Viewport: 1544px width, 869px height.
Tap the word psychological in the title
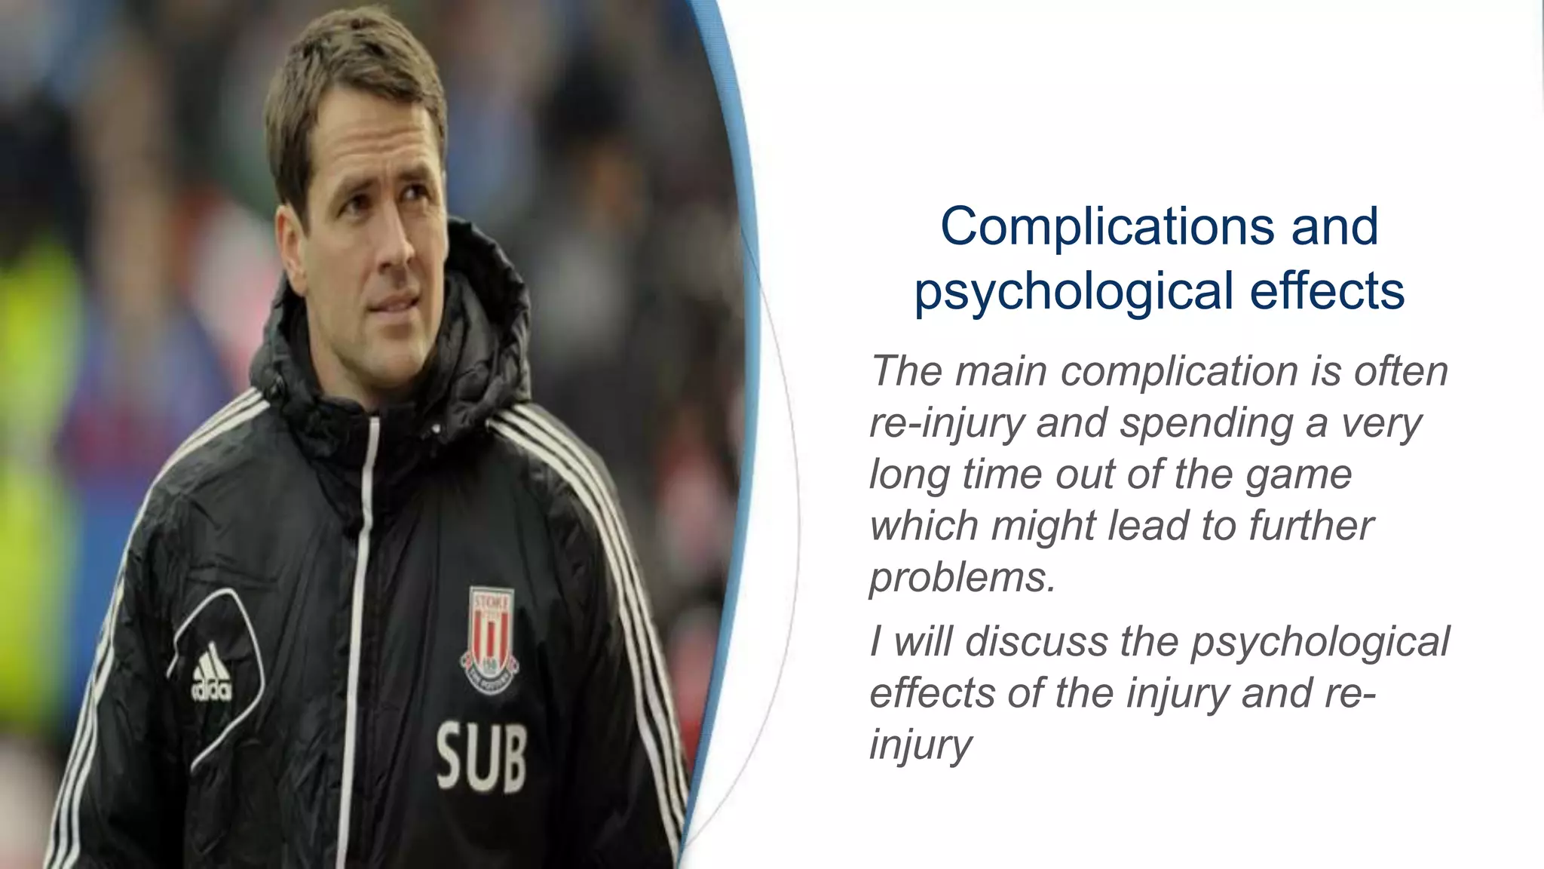pyautogui.click(x=1074, y=291)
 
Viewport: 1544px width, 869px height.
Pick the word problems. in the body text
pyautogui.click(x=962, y=577)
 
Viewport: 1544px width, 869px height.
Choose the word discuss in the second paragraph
pyautogui.click(x=1037, y=642)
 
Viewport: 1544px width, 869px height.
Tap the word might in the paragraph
pyautogui.click(x=1043, y=526)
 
